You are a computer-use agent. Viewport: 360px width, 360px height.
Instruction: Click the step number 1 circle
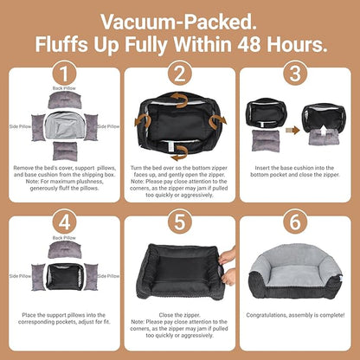point(64,74)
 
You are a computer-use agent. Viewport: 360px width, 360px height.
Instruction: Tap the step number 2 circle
point(180,74)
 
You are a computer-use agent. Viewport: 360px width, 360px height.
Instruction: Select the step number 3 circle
point(295,74)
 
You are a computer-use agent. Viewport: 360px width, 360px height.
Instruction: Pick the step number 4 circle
point(64,222)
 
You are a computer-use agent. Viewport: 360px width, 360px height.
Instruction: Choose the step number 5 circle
point(180,222)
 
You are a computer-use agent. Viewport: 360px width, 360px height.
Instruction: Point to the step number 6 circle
point(295,222)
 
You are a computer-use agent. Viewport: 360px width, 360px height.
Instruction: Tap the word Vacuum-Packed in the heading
point(178,22)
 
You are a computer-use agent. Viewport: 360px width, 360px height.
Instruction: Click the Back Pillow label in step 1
point(64,88)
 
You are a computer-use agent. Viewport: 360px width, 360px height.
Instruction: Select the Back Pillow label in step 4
point(64,238)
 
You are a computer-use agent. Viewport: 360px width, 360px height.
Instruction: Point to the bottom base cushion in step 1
point(65,151)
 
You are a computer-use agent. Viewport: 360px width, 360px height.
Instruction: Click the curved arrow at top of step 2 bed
point(179,100)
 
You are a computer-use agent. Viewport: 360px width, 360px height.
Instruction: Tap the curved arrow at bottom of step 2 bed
point(179,153)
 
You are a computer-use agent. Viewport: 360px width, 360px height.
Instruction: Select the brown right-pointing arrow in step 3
point(292,131)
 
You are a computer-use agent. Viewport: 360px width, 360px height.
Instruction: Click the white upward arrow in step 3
point(324,131)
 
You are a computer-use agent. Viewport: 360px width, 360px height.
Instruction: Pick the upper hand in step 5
point(227,256)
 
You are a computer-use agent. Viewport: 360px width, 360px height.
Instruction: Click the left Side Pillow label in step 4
point(20,276)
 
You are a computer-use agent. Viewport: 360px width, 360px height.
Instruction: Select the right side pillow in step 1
point(91,127)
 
